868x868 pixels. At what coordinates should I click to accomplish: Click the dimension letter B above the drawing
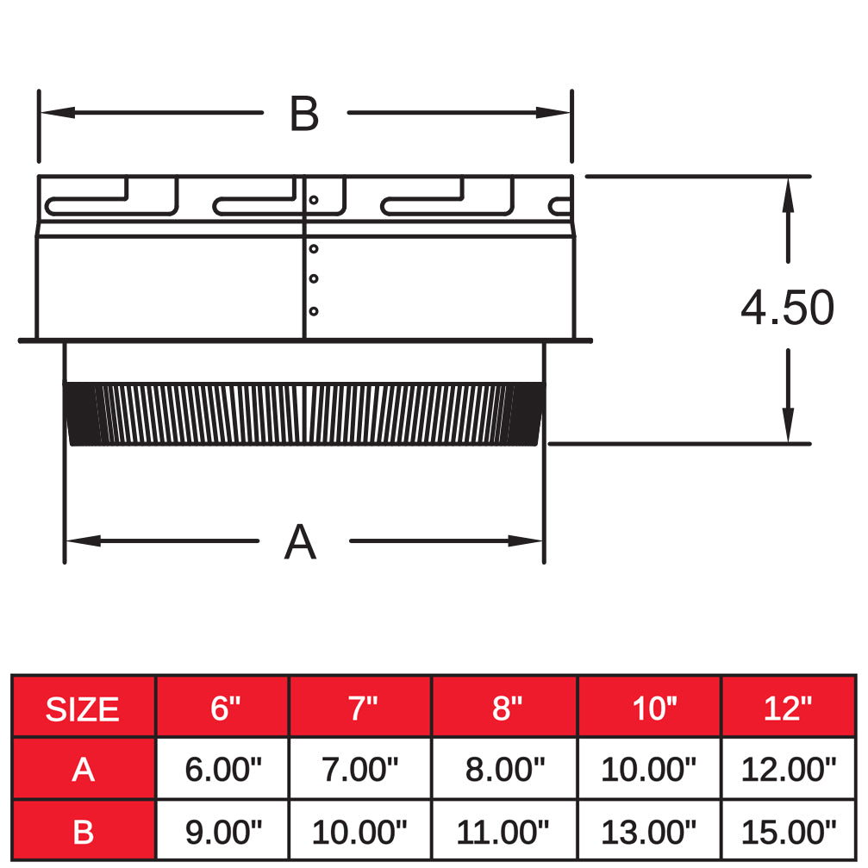point(304,114)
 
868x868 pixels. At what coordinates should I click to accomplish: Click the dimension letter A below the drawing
point(300,542)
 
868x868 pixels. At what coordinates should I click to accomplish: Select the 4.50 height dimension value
point(787,308)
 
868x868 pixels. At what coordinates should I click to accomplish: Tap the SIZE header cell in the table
point(83,709)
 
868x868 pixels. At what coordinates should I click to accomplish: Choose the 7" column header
point(359,709)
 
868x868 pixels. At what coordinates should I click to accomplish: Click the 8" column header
point(504,709)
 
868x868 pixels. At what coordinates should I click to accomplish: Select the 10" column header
point(649,709)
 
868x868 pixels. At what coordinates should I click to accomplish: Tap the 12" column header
point(788,709)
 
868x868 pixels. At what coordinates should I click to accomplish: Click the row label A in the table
point(83,769)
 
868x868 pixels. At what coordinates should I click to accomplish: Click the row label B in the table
point(83,832)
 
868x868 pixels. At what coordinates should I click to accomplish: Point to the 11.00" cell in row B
point(504,832)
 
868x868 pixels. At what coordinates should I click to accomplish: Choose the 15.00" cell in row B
point(788,832)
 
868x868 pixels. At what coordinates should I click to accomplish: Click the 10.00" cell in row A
point(648,769)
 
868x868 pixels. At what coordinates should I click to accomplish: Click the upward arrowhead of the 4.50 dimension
point(788,193)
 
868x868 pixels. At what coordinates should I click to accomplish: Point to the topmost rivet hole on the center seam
point(314,200)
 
